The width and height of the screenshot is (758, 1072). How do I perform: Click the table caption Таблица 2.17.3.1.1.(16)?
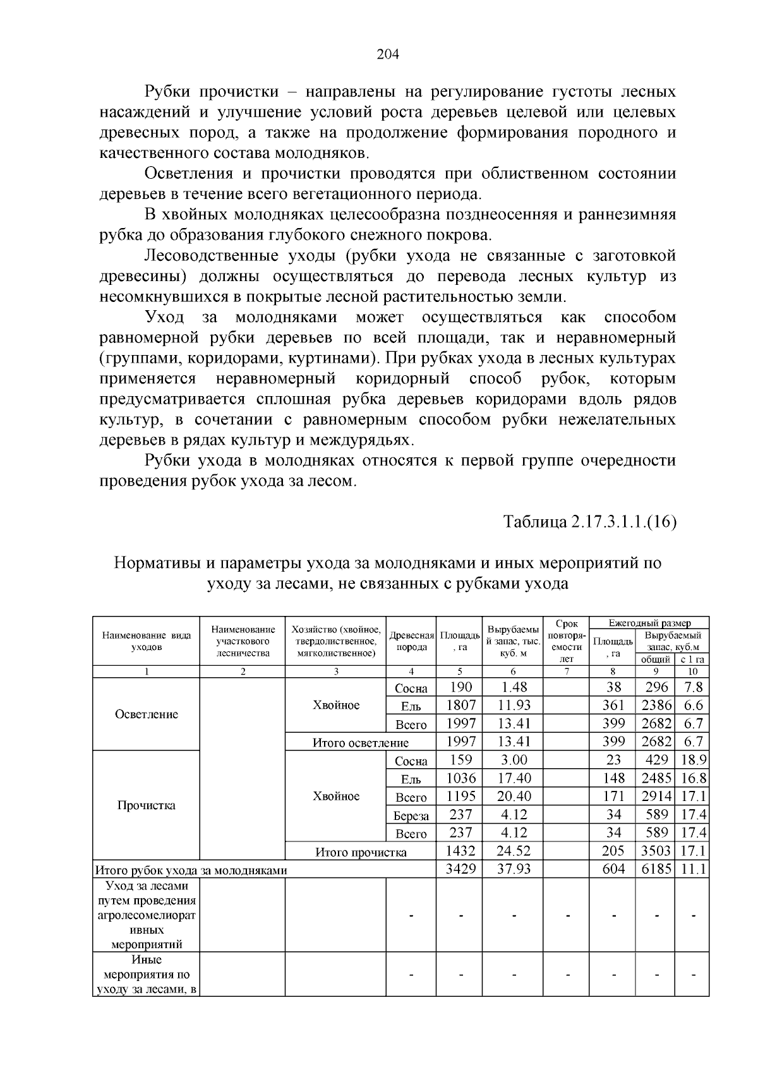(590, 522)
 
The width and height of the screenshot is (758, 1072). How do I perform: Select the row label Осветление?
(147, 714)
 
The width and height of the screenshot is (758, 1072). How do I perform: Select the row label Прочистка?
(147, 805)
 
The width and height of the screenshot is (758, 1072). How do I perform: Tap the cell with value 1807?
(460, 706)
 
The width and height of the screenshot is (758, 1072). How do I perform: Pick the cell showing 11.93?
(514, 706)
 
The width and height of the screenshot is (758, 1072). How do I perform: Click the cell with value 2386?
(655, 706)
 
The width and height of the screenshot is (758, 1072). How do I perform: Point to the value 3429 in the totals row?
(460, 869)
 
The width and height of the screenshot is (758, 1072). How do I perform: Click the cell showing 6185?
(655, 869)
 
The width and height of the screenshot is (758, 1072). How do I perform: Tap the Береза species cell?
(411, 816)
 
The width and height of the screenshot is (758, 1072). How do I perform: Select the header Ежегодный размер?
(649, 623)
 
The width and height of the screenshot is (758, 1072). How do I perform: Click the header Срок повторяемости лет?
(567, 641)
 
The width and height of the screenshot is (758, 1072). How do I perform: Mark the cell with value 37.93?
(514, 869)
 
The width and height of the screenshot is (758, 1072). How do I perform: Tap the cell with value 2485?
(655, 778)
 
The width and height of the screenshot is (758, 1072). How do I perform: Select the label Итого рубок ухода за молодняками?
(191, 870)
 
